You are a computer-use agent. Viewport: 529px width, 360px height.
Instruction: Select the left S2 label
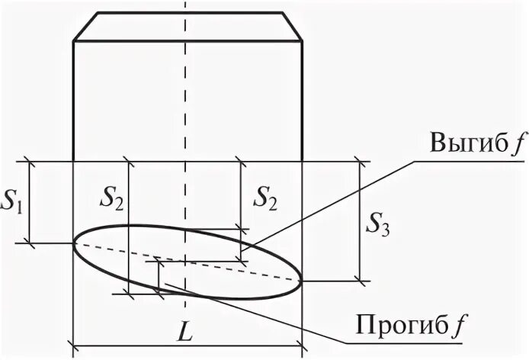tap(111, 201)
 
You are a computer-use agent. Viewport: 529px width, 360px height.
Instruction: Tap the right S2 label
tap(266, 201)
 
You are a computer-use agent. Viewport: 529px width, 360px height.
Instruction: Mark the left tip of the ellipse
tap(74, 243)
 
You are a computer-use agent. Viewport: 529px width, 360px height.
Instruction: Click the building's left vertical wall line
tap(73, 99)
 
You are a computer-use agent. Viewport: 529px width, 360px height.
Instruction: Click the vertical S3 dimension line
tap(358, 221)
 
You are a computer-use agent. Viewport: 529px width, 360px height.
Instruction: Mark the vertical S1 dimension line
tap(30, 202)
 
